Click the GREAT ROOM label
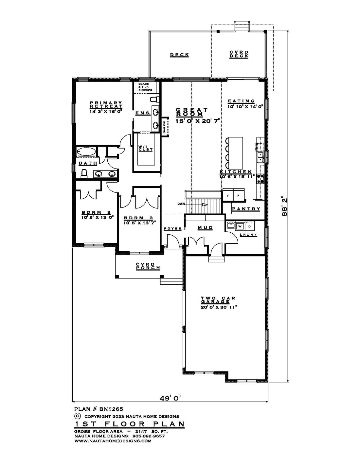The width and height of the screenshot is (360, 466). (x=192, y=112)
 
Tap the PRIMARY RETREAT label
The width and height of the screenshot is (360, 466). (x=106, y=104)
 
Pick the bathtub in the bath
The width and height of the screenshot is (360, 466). (x=86, y=152)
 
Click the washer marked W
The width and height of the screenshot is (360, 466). (x=240, y=226)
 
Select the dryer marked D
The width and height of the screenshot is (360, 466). (x=249, y=226)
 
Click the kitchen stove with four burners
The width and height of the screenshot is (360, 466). (x=260, y=178)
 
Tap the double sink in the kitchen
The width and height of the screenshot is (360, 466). (x=261, y=157)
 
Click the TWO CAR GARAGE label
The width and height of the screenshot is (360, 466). (x=218, y=299)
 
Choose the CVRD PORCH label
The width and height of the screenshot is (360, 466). (x=148, y=266)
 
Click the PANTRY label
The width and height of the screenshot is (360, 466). (x=246, y=209)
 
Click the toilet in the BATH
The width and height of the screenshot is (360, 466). (x=84, y=173)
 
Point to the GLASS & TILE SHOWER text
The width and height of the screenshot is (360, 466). (x=145, y=87)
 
